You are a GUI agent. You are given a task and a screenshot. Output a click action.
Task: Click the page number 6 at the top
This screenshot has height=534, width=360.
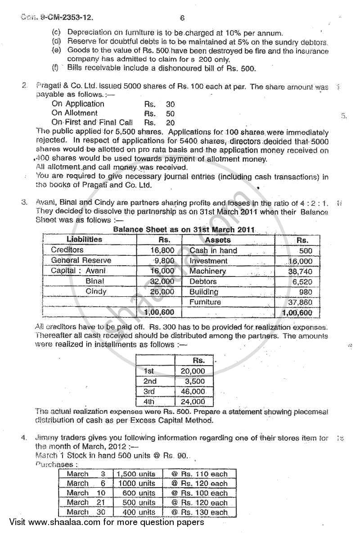pos(182,18)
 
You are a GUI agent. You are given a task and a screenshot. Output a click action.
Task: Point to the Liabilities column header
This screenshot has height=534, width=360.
pos(84,240)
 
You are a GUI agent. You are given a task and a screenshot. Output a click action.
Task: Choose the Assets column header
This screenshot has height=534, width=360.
pos(218,240)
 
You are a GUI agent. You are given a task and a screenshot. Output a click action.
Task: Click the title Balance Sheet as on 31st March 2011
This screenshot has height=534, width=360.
pos(184,229)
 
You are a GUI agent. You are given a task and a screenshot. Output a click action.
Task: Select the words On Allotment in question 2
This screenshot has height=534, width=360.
pos(74,113)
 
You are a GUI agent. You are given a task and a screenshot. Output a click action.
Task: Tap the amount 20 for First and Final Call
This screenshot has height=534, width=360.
pos(170,123)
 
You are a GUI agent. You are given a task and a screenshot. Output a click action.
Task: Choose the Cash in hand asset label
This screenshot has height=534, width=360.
pos(213,250)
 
